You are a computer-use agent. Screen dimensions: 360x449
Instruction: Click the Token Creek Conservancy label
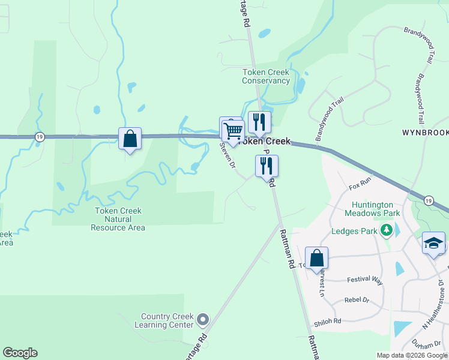[x=266, y=77]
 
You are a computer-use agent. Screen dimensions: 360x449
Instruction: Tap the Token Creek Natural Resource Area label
[x=118, y=219]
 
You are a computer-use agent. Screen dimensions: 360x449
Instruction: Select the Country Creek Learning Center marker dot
[x=203, y=319]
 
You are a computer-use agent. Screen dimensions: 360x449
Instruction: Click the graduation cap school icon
[x=433, y=243]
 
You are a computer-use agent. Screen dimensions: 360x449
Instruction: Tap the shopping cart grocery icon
[x=233, y=129]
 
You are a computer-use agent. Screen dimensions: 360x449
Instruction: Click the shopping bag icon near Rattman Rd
[x=316, y=259]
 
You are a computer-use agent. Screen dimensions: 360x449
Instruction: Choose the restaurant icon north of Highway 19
[x=259, y=122]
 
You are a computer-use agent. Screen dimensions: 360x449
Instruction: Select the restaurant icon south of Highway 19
[x=267, y=166]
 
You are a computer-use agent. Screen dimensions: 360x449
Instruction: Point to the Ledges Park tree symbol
[x=387, y=230]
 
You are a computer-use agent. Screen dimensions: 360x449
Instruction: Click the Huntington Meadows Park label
[x=376, y=209]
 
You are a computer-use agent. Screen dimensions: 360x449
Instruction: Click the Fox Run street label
[x=360, y=184]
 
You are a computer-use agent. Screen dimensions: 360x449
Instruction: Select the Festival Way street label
[x=365, y=280]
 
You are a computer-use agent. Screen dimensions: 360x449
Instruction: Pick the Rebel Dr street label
[x=357, y=300]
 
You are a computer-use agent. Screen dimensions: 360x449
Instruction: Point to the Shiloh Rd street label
[x=329, y=321]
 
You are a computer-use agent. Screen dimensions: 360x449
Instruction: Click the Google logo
[x=20, y=353]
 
